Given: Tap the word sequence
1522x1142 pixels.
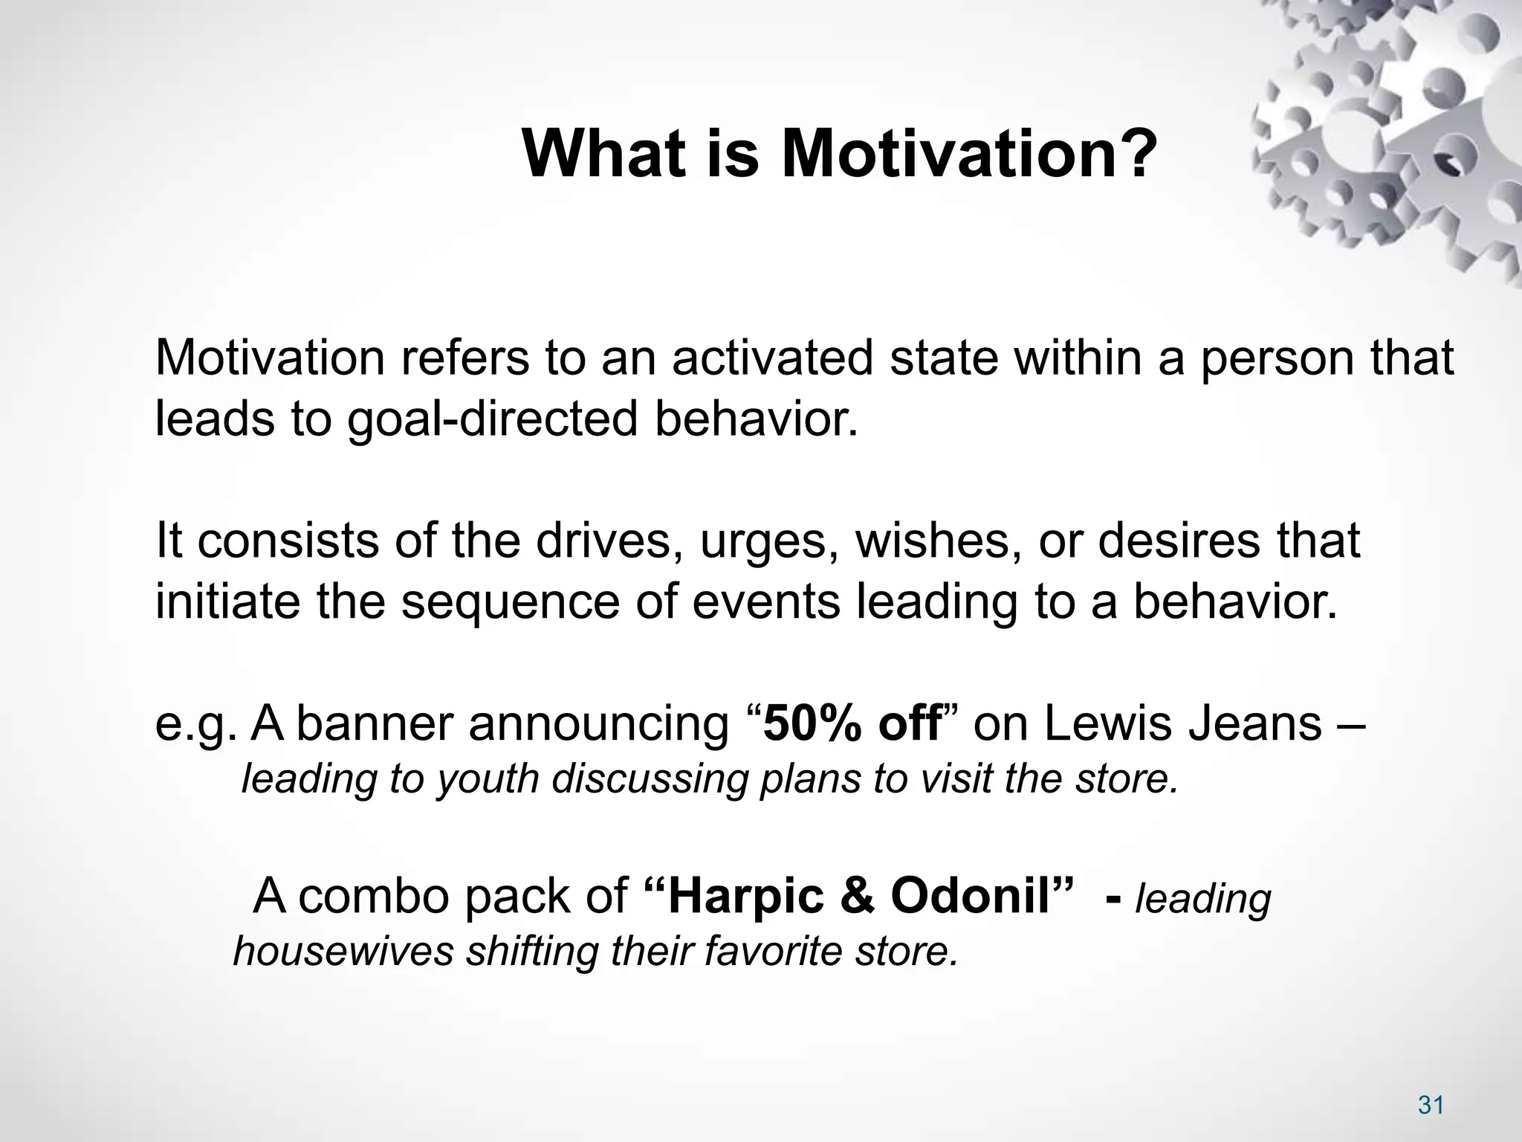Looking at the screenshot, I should point(510,601).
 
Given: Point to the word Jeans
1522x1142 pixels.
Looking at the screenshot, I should point(1255,724).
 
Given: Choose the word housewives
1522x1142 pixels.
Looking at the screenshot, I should point(343,952).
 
